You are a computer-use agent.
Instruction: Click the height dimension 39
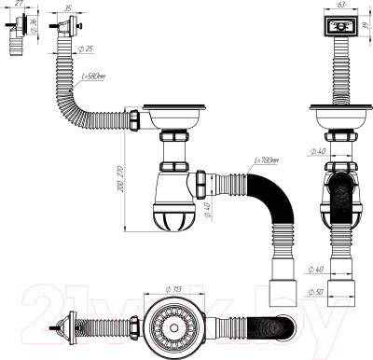click(367, 25)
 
